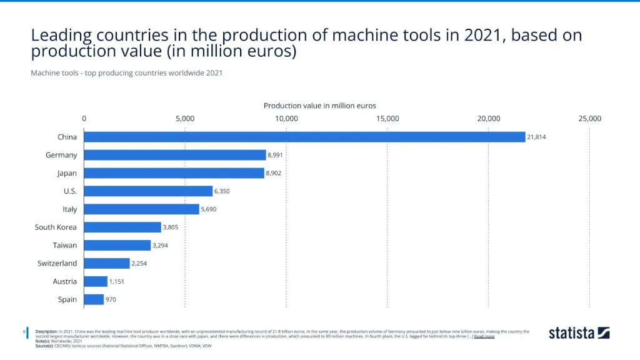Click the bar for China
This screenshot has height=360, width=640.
pyautogui.click(x=304, y=137)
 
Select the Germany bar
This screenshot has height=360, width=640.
pyautogui.click(x=175, y=155)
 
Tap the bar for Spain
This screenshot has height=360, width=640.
pyautogui.click(x=94, y=299)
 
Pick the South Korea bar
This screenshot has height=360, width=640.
pyautogui.click(x=122, y=227)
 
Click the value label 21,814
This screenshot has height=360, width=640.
pyautogui.click(x=536, y=137)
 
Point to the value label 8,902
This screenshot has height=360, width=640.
pyautogui.click(x=273, y=173)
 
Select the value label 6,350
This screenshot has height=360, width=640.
pyautogui.click(x=222, y=191)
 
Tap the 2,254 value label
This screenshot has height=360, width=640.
pyautogui.click(x=139, y=264)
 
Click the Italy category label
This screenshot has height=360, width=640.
pyautogui.click(x=69, y=209)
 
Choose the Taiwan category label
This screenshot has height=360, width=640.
pyautogui.click(x=66, y=246)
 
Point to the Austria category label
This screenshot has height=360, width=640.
pyautogui.click(x=65, y=282)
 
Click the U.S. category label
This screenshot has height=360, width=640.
pyautogui.click(x=70, y=191)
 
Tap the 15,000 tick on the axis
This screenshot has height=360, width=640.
pyautogui.click(x=387, y=119)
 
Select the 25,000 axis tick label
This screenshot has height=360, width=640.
pyautogui.click(x=589, y=119)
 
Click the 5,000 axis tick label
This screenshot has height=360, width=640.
pyautogui.click(x=185, y=119)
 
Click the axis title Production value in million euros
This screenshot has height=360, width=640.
pyautogui.click(x=319, y=106)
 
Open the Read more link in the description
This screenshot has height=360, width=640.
pyautogui.click(x=484, y=336)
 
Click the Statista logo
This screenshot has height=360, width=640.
pyautogui.click(x=579, y=332)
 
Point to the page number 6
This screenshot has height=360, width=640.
pyautogui.click(x=24, y=331)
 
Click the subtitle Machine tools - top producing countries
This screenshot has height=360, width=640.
pyautogui.click(x=126, y=73)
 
